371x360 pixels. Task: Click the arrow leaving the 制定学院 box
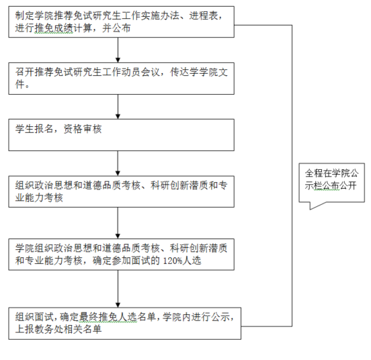pos(118,50)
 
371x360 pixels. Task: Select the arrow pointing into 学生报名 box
pos(118,107)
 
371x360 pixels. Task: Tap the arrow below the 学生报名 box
pos(118,163)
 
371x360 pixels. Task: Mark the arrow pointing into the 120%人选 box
pos(118,223)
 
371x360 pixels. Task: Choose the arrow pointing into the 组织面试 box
pos(118,289)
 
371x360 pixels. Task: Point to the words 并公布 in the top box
pos(116,28)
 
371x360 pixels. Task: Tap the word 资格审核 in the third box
pos(83,129)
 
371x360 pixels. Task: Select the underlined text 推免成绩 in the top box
pos(54,28)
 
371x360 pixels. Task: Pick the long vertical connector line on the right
pos(292,175)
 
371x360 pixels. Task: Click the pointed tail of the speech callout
pos(311,210)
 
